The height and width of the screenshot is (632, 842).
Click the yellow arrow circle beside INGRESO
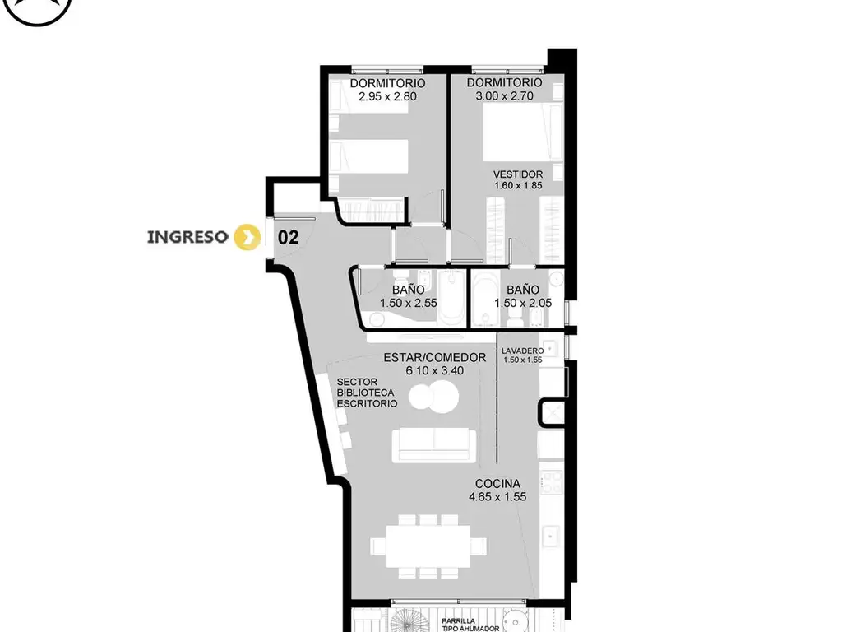(x=247, y=237)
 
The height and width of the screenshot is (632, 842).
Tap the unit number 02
(x=288, y=237)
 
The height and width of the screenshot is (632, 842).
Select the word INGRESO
(x=187, y=237)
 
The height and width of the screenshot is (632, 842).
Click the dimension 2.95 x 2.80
(x=387, y=97)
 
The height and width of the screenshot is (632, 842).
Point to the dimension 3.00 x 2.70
(x=504, y=96)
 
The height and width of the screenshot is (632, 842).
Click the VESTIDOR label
(x=518, y=174)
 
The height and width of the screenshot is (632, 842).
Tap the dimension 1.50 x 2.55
(x=408, y=303)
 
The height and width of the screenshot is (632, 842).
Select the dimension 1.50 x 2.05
(x=522, y=303)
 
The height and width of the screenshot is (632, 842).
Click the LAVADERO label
(x=522, y=351)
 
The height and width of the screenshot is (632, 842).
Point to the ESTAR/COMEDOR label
(x=434, y=357)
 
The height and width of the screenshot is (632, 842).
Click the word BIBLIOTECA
(x=365, y=393)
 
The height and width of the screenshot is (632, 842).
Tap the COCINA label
(x=497, y=484)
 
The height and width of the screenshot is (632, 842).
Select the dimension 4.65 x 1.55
(x=497, y=497)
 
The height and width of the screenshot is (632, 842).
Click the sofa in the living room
(x=434, y=445)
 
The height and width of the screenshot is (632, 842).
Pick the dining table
(x=428, y=546)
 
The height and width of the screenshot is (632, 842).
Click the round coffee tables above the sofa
(x=433, y=397)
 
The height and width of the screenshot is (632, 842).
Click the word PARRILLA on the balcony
(x=458, y=621)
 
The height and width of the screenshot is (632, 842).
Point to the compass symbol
(x=38, y=6)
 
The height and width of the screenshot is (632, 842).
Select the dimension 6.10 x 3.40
(x=434, y=371)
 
